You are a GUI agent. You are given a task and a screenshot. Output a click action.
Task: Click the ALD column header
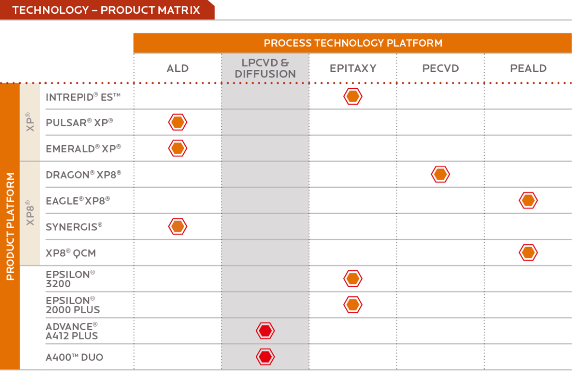[x=177, y=68]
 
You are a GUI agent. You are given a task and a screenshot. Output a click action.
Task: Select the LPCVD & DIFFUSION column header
[x=265, y=68]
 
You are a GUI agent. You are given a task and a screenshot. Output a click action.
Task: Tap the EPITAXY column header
[x=353, y=68]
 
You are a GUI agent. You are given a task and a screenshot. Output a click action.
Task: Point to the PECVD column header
[x=440, y=68]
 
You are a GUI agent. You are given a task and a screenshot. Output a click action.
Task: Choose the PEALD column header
[x=528, y=68]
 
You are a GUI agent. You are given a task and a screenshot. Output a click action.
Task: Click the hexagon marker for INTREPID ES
[x=353, y=96]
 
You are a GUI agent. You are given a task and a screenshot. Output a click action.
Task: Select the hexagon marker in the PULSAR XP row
[x=177, y=122]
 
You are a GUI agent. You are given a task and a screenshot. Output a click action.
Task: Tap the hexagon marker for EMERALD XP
[x=177, y=148]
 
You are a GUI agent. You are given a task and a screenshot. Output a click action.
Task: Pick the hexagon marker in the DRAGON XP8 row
[x=440, y=174]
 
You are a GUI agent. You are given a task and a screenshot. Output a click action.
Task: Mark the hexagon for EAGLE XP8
[x=528, y=200]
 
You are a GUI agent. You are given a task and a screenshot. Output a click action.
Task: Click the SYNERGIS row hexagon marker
[x=177, y=226]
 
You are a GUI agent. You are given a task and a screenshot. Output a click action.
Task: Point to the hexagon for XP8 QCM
[x=528, y=253]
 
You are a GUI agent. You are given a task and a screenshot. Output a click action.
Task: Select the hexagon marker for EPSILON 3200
[x=353, y=279]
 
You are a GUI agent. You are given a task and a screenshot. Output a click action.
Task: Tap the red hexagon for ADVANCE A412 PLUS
[x=265, y=331]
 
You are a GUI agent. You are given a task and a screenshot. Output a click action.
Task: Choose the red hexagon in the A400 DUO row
[x=265, y=357]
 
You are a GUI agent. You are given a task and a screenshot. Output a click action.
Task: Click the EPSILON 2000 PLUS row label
[x=73, y=305]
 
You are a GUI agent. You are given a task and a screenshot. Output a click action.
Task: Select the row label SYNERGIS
[x=74, y=227]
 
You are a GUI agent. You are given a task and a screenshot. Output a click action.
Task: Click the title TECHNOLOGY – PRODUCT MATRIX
[x=106, y=10]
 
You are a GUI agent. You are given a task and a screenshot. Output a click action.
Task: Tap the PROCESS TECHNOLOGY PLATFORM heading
[x=353, y=43]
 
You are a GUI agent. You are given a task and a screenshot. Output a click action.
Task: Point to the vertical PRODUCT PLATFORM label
[x=10, y=226]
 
